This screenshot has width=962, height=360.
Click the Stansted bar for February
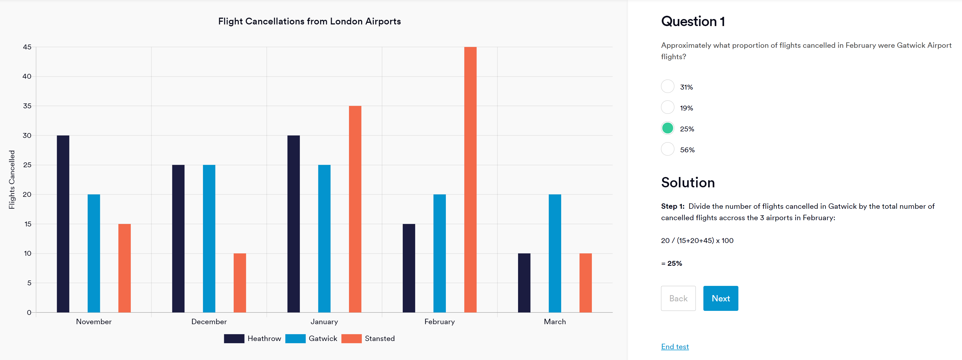click(x=470, y=180)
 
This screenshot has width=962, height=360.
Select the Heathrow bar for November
click(x=63, y=224)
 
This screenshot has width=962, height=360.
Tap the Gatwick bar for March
click(x=555, y=253)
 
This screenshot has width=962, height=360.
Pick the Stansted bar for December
click(x=240, y=283)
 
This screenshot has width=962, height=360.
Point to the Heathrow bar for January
click(x=294, y=224)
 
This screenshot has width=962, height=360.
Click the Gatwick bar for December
click(x=209, y=239)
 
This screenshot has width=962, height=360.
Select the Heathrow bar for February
click(x=409, y=268)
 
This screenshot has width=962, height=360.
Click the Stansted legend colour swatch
click(x=351, y=338)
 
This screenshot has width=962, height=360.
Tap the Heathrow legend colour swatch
click(x=234, y=338)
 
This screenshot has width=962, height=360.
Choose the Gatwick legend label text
click(x=323, y=338)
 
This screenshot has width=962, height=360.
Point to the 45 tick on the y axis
click(x=27, y=47)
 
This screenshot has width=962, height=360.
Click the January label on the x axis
click(x=324, y=321)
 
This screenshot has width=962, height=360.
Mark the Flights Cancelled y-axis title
click(x=12, y=180)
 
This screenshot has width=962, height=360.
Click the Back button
click(x=678, y=298)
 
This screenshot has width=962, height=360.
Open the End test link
click(x=675, y=346)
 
